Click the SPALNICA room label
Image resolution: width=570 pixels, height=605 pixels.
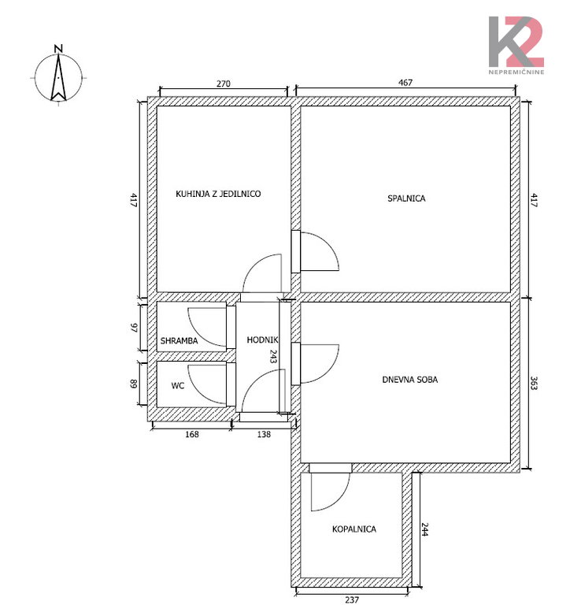pyautogui.click(x=406, y=199)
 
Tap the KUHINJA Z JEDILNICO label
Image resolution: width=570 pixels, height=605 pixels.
pyautogui.click(x=218, y=194)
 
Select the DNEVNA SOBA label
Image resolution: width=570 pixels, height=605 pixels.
pyautogui.click(x=410, y=380)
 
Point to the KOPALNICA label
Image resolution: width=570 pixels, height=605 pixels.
pyautogui.click(x=354, y=529)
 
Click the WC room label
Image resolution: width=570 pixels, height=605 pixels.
pyautogui.click(x=178, y=385)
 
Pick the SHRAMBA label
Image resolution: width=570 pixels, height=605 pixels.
pyautogui.click(x=179, y=340)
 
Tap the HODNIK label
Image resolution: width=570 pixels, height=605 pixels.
pyautogui.click(x=262, y=340)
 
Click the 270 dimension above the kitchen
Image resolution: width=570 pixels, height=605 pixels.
pyautogui.click(x=224, y=84)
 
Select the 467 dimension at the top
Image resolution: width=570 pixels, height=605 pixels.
pyautogui.click(x=405, y=83)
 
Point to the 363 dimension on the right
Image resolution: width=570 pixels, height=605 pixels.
pyautogui.click(x=534, y=383)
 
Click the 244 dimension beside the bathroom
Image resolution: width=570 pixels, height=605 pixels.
pyautogui.click(x=424, y=529)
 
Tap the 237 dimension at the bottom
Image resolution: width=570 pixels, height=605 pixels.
pyautogui.click(x=352, y=600)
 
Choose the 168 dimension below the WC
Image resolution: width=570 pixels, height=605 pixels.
pyautogui.click(x=192, y=434)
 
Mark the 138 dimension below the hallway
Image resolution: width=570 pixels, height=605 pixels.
pyautogui.click(x=264, y=434)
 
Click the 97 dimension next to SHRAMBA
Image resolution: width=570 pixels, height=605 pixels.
pyautogui.click(x=134, y=328)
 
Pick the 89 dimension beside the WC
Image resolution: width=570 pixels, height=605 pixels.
pyautogui.click(x=133, y=384)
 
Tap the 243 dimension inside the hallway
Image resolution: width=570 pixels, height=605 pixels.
pyautogui.click(x=273, y=357)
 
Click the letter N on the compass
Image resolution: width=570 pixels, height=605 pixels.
pyautogui.click(x=58, y=49)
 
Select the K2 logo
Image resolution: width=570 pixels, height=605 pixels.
pyautogui.click(x=516, y=42)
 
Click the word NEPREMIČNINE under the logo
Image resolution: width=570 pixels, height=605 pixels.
pyautogui.click(x=516, y=72)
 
